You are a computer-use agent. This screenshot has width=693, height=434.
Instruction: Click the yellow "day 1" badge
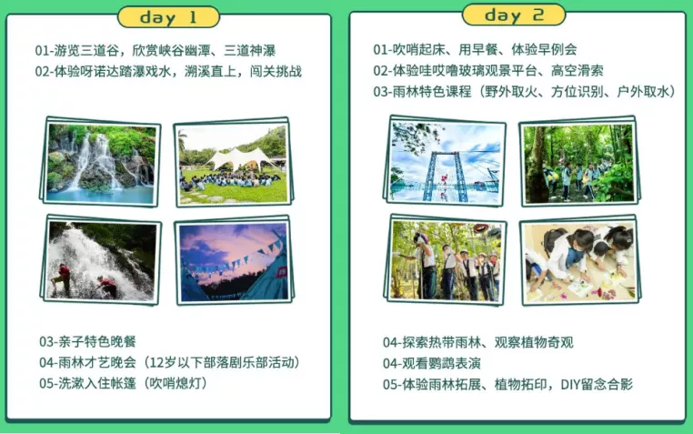pos(168,17)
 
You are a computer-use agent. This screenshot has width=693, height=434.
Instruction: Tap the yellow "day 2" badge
pos(514,15)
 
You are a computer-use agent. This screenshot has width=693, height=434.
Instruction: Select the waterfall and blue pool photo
pos(101,163)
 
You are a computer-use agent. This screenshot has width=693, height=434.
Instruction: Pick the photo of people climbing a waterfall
pos(102,260)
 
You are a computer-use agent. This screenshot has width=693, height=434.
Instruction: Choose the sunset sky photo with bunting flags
pos(234,262)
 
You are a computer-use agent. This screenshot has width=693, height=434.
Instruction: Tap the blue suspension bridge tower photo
pos(447,163)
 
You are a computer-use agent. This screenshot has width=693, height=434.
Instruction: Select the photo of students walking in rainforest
pos(579,164)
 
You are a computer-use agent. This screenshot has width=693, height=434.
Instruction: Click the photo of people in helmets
pos(447,261)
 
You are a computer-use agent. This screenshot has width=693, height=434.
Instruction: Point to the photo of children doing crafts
pos(579,262)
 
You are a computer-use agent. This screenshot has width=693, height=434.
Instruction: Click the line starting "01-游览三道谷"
pos(156,50)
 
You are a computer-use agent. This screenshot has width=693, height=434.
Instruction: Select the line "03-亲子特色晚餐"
pos(87,341)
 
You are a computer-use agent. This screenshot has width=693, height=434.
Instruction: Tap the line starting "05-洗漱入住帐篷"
pos(124,383)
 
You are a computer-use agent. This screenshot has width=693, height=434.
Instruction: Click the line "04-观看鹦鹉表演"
pos(432,364)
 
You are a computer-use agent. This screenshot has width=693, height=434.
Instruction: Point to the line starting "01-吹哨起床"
pos(475,49)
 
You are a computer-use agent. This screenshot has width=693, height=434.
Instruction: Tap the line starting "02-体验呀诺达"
pos(168,72)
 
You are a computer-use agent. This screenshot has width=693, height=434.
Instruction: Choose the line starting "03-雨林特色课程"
pos(525,92)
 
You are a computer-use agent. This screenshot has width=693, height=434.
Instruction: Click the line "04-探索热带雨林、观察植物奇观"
pos(477,342)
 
